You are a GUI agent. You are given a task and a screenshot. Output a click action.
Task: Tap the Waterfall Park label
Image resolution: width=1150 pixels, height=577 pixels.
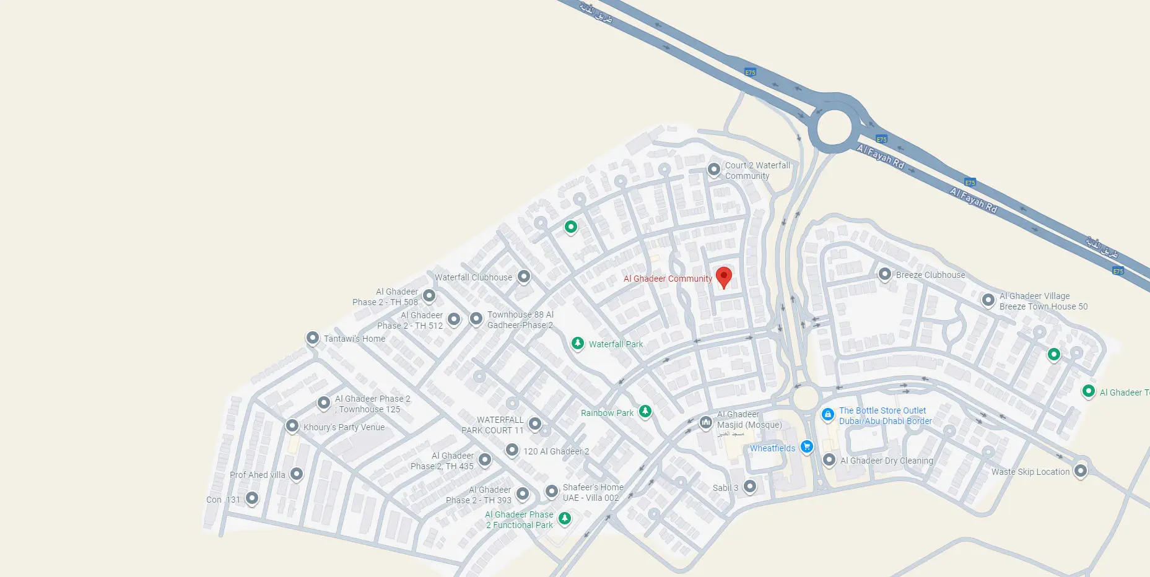coord(616,344)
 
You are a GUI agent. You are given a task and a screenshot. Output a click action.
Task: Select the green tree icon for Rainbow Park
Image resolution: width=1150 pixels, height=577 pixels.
coord(645,411)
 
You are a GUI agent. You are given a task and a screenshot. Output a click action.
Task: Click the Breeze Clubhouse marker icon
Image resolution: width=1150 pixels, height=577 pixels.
coord(885,274)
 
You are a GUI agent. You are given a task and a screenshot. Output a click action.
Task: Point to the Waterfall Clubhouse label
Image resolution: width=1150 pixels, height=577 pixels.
coord(473,277)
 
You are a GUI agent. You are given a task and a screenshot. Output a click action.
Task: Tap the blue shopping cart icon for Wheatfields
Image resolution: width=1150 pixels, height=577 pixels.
coord(806,446)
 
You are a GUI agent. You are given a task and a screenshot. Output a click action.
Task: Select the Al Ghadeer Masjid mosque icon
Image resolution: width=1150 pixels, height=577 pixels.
coord(705,422)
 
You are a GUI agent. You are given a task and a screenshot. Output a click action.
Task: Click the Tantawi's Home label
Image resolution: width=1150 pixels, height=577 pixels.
coord(354,339)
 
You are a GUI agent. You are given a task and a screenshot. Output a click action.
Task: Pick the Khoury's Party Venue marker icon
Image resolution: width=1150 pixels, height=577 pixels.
coord(292,426)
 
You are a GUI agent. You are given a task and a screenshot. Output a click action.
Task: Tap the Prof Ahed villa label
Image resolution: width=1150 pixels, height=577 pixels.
coord(258,475)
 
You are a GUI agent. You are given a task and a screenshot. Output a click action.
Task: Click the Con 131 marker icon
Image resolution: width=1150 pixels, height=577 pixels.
coord(252,498)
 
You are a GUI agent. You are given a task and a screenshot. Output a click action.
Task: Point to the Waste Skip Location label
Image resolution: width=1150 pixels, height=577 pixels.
coord(1030,472)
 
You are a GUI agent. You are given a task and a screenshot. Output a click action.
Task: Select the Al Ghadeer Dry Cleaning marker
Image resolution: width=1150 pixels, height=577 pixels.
coord(829,460)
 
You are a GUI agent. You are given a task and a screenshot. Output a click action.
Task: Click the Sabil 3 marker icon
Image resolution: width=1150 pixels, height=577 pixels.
coord(750,486)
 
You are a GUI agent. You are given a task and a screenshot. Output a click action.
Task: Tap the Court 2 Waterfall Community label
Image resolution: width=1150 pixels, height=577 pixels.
coord(757,171)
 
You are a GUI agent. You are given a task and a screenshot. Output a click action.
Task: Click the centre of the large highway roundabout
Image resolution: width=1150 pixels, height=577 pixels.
coord(834,128)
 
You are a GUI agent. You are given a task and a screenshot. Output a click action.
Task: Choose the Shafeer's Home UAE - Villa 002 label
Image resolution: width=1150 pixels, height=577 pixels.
coord(592,493)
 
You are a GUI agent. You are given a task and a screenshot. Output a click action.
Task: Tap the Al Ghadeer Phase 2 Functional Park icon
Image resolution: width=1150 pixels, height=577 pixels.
coord(564,518)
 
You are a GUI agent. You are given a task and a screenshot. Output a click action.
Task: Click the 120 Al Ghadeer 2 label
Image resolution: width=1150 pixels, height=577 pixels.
coord(556,451)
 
